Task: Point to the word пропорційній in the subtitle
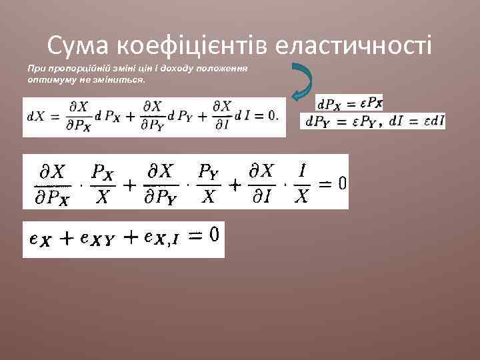point(71,69)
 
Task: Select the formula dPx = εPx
point(349,103)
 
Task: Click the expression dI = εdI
point(421,121)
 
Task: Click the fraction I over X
point(301,183)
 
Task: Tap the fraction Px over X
point(102,183)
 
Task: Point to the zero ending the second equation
point(340,183)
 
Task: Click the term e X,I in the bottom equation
point(163,239)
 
